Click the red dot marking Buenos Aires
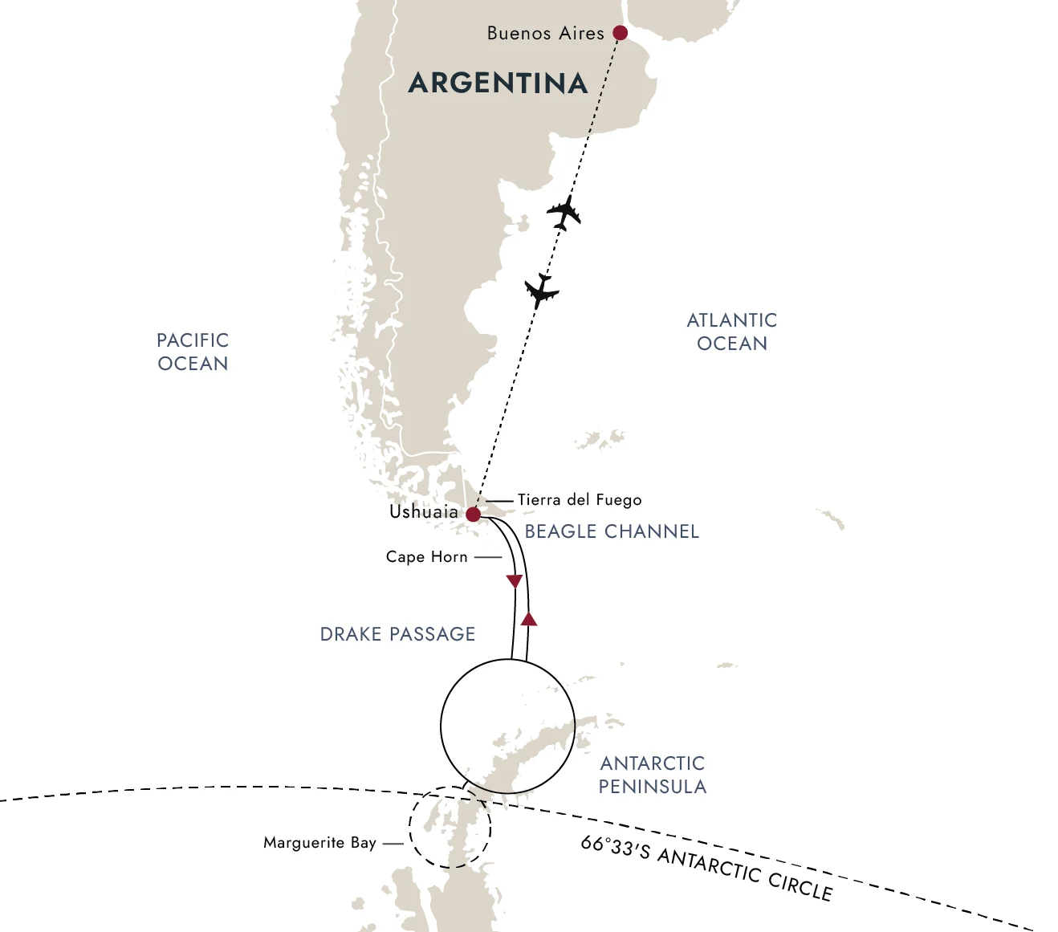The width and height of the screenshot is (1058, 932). pos(620,33)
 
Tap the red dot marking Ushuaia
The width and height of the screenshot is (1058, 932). pos(473,514)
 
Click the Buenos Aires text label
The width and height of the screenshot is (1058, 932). pos(545,34)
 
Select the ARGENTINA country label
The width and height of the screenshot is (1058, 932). pos(498,83)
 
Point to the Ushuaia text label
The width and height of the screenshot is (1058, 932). pos(424,512)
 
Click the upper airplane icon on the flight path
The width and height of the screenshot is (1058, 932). pos(564,213)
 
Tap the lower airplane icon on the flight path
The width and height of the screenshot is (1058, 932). pos(542,291)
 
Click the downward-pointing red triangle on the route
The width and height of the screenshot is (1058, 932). pos(515,581)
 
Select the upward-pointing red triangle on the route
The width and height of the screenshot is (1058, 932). pos(528,619)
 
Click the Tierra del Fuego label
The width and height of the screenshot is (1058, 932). pos(580,500)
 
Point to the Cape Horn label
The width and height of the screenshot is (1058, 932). pos(426,557)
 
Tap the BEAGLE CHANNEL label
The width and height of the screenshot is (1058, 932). pos(612,531)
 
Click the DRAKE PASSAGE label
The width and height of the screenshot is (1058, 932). pos(397,634)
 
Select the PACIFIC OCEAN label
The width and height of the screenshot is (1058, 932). pos(193,352)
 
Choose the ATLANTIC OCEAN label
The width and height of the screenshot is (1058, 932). pos(732,332)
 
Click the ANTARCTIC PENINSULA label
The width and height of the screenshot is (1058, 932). pos(653,775)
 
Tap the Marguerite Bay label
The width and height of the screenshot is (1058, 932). pos(319,843)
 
